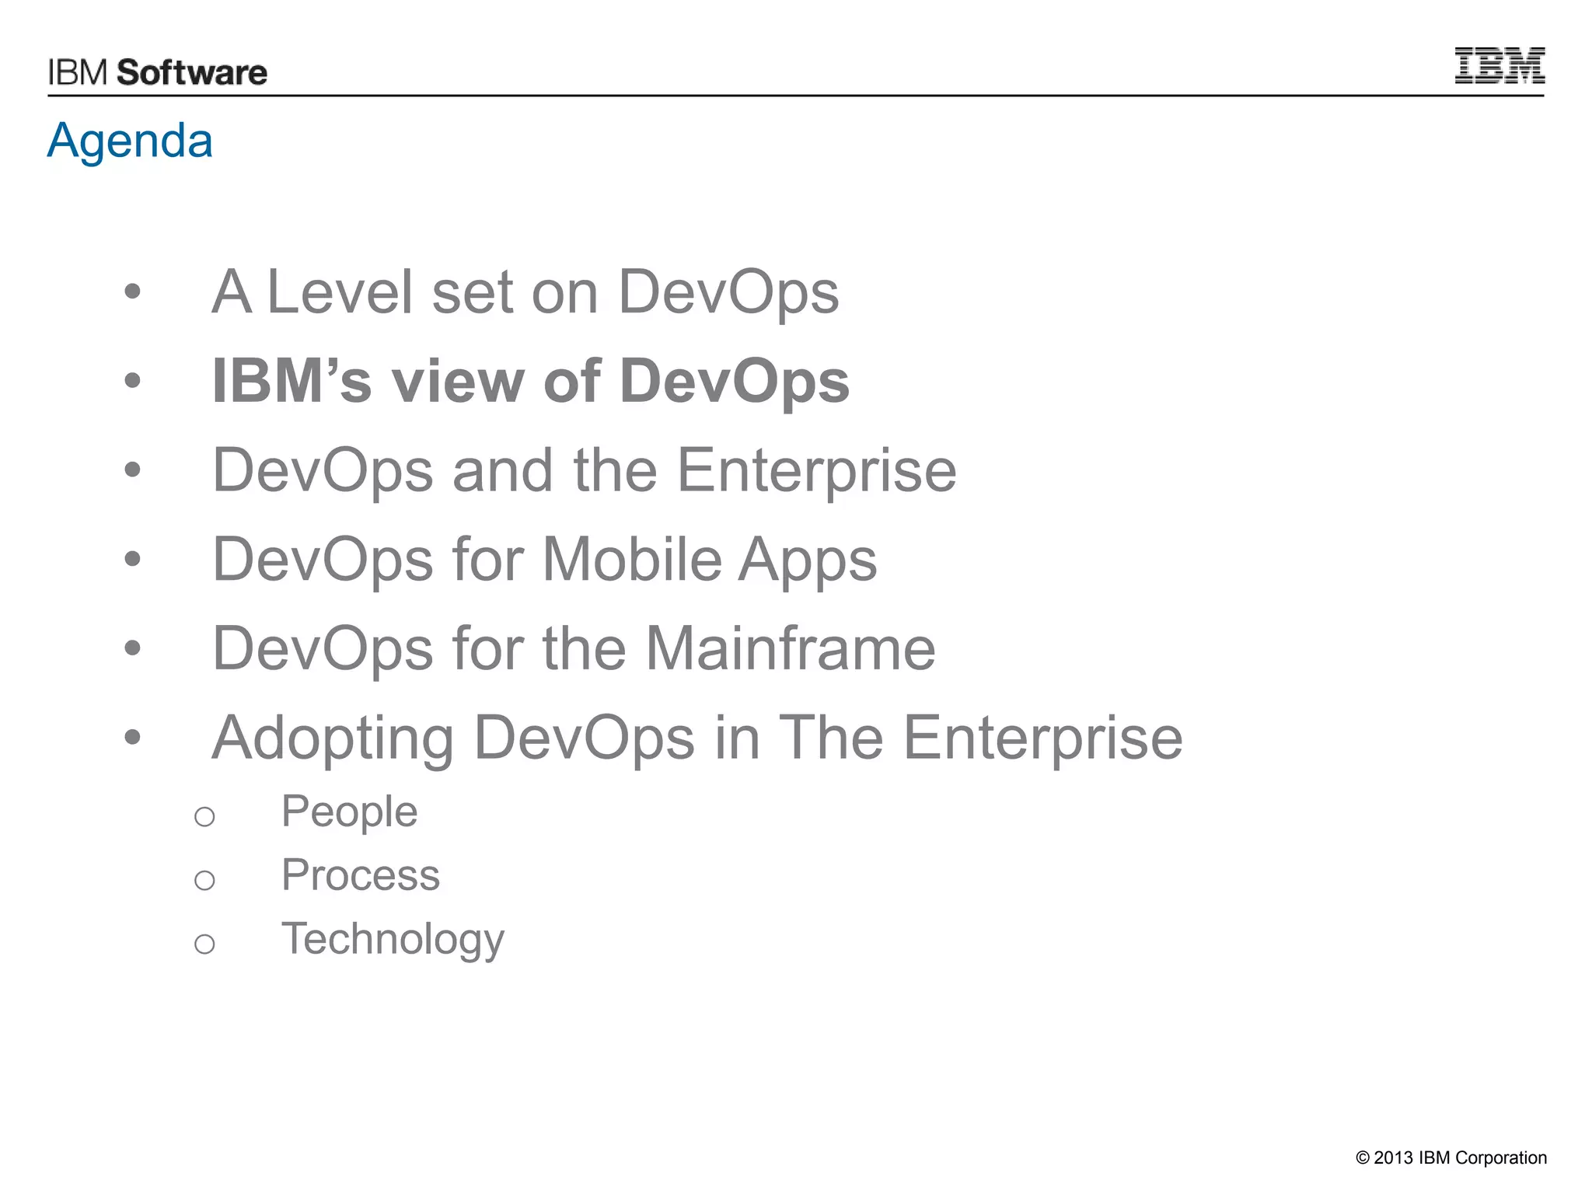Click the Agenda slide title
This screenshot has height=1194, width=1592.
coord(130,141)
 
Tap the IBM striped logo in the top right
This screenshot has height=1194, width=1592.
coord(1499,66)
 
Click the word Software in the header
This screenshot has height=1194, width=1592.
coord(192,73)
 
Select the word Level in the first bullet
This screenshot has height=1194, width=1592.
coord(339,292)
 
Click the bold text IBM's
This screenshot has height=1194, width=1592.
coord(292,382)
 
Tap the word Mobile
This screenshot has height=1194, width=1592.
coord(632,559)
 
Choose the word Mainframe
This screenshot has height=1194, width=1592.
coord(791,648)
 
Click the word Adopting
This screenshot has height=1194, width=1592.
coord(333,738)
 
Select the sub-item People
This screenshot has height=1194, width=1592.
coord(349,812)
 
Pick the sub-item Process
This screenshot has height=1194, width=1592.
coord(361,875)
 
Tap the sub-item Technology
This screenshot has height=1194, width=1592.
coord(393,939)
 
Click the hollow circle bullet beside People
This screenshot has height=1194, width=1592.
coord(204,817)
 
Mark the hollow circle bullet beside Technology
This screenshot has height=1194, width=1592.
coord(204,944)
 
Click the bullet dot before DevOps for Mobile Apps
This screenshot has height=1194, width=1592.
coord(133,559)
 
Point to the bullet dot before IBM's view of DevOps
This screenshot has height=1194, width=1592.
coord(133,381)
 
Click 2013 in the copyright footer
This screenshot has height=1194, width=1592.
coord(1393,1158)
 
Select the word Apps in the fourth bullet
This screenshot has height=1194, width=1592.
coord(808,560)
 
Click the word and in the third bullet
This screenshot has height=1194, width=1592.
coord(503,470)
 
